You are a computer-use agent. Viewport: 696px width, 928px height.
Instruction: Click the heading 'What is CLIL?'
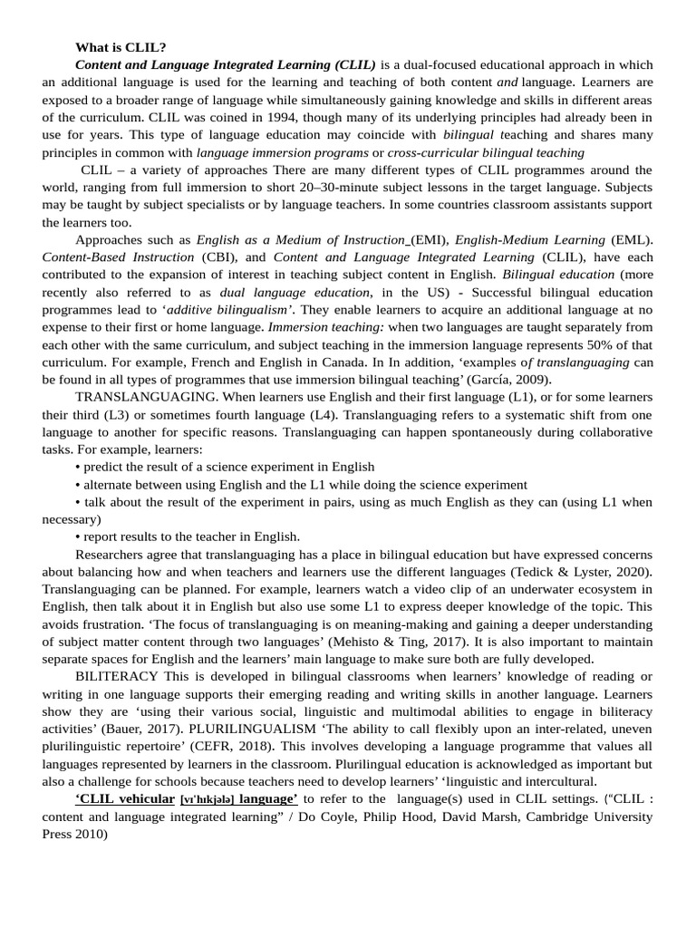121,47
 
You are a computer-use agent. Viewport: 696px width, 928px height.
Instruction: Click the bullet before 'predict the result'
78,468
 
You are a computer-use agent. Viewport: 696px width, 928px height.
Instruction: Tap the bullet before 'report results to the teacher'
78,537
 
